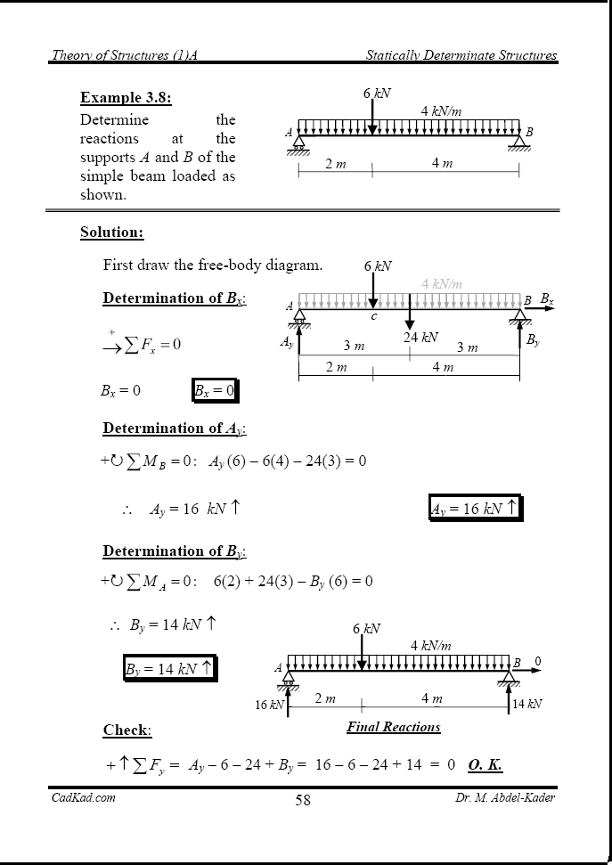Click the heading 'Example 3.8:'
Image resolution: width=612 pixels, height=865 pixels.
click(126, 98)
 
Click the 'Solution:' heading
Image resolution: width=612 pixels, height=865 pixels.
click(111, 233)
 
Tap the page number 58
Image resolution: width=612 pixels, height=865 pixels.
click(303, 800)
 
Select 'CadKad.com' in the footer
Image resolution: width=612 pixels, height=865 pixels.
click(83, 797)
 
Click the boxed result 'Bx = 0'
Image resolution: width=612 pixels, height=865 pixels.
click(214, 390)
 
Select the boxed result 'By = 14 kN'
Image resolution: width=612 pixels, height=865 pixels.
click(169, 668)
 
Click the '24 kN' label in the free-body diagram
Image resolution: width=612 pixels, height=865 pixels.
click(420, 338)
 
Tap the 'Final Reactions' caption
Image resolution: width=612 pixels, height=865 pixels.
click(394, 727)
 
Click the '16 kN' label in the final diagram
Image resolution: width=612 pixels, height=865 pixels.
click(270, 705)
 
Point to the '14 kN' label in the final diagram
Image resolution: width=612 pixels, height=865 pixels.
click(527, 704)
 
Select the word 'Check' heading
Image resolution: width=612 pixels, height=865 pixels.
click(126, 730)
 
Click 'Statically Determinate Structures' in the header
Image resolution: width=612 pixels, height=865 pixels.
click(461, 55)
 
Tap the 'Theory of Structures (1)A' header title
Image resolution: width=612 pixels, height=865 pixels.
click(124, 55)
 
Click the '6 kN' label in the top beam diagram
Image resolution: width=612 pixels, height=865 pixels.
click(377, 94)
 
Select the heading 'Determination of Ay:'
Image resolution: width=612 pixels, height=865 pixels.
click(175, 428)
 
